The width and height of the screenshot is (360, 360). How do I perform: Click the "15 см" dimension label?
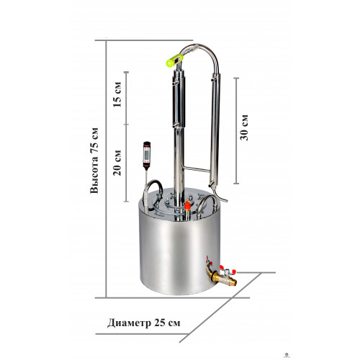point(117,94)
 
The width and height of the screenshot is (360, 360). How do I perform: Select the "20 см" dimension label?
point(117,163)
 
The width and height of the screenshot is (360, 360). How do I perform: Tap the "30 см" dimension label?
point(244,127)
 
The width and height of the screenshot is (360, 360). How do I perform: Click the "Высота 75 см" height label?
point(94,161)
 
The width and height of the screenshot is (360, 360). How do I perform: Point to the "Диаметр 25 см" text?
point(144,323)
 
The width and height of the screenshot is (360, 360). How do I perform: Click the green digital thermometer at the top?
point(175,60)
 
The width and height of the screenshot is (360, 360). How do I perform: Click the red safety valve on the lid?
point(187,205)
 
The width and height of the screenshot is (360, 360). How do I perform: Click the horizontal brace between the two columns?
point(196,169)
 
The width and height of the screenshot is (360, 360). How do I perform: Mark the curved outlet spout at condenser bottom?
point(220,195)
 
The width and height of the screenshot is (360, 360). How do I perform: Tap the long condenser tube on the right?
point(215,130)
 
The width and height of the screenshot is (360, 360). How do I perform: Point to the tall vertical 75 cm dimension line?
point(106,168)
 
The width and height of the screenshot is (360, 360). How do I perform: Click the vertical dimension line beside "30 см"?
point(236,131)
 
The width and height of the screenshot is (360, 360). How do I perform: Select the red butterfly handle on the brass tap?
point(228,270)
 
